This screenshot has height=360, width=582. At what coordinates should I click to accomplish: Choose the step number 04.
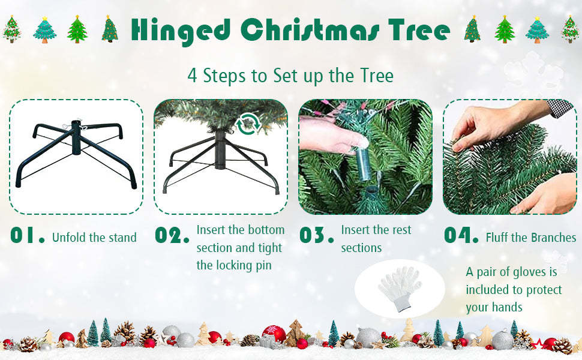(461, 236)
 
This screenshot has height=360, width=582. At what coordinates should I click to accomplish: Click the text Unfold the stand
(94, 238)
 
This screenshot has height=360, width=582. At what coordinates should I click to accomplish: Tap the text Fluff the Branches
(530, 238)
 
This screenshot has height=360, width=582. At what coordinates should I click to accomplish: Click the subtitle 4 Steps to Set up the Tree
(290, 76)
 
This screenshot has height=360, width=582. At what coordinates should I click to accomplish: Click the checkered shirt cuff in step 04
(563, 108)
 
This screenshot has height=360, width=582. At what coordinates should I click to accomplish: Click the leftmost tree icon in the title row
(12, 29)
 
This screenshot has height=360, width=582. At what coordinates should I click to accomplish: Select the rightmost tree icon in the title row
(570, 29)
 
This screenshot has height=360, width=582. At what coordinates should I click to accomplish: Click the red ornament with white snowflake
(274, 334)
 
